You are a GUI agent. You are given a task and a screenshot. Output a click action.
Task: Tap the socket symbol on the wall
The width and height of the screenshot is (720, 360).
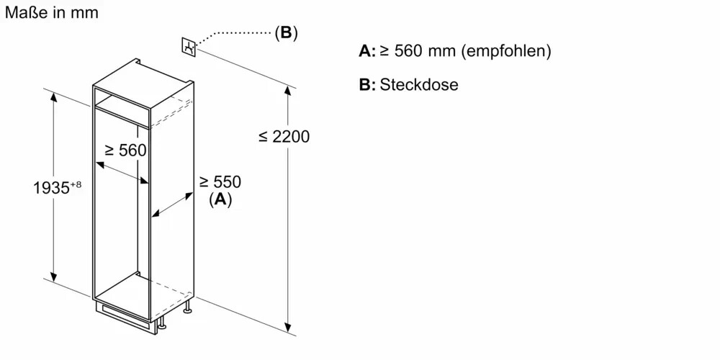click(x=189, y=47)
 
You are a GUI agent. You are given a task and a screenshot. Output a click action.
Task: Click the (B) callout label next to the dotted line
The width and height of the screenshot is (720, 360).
click(x=286, y=32)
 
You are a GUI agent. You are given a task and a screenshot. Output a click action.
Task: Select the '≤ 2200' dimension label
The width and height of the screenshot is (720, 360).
click(x=284, y=136)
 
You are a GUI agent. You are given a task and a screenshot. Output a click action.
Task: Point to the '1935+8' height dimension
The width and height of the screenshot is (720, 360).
click(x=58, y=189)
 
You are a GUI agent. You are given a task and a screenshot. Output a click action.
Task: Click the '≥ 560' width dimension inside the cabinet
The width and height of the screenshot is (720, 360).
click(x=125, y=150)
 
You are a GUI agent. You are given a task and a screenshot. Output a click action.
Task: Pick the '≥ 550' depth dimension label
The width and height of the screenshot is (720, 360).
click(x=220, y=182)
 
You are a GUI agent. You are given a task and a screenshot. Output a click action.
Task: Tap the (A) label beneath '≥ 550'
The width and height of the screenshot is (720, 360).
click(x=220, y=200)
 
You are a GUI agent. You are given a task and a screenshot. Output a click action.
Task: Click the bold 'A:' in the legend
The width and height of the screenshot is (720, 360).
click(x=367, y=51)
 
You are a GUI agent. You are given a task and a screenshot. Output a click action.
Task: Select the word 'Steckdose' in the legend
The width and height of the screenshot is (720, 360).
click(x=419, y=84)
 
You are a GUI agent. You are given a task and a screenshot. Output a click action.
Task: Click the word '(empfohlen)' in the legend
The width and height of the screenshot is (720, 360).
click(x=506, y=51)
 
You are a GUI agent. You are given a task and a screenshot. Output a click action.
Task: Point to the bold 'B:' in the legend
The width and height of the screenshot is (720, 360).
click(x=367, y=84)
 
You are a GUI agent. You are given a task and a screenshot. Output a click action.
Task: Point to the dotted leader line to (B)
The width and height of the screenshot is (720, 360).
click(x=238, y=33)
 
